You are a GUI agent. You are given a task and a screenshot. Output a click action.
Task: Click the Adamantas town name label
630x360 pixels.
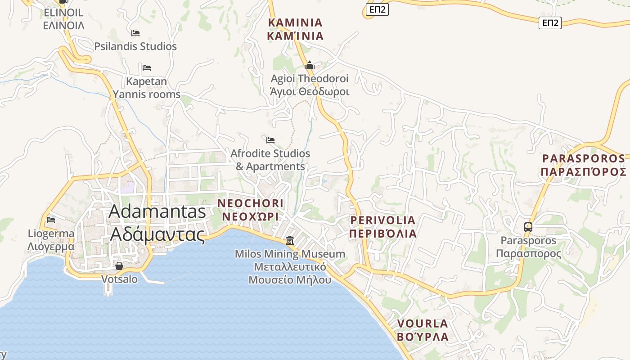157,223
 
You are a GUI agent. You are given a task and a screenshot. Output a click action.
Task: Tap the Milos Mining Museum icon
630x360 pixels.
290,241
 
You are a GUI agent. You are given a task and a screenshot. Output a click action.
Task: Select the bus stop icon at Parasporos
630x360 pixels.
528,227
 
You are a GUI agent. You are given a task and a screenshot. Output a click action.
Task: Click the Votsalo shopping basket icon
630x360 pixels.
119,266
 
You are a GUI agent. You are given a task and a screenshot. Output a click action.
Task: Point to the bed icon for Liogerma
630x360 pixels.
51,220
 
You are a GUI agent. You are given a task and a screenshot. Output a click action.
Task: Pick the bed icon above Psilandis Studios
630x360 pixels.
135,33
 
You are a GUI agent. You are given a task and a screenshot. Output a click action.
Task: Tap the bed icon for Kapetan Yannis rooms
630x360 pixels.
146,68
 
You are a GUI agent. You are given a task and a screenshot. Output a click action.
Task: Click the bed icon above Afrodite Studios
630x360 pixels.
270,140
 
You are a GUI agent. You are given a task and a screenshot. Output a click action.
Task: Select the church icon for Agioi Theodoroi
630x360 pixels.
310,66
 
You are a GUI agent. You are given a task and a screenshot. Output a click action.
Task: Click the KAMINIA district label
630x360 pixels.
295,29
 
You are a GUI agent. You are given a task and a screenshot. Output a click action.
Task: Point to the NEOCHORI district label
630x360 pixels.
250,210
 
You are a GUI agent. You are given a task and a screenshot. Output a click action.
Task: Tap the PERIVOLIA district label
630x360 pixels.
383,227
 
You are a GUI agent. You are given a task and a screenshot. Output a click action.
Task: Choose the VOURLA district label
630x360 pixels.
423,330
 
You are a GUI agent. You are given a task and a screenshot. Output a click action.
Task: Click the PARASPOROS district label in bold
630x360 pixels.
584,165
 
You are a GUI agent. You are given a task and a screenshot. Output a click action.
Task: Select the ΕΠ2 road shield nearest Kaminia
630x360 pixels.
377,9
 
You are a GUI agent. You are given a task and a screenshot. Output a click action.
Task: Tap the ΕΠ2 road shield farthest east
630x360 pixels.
550,23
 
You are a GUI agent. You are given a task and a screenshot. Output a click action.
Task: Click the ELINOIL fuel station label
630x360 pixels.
63,19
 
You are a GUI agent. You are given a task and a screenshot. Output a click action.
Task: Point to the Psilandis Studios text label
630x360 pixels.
135,46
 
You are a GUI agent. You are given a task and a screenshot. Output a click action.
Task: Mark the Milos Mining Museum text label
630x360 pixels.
290,267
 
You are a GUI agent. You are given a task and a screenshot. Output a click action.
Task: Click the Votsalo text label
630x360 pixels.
119,279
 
